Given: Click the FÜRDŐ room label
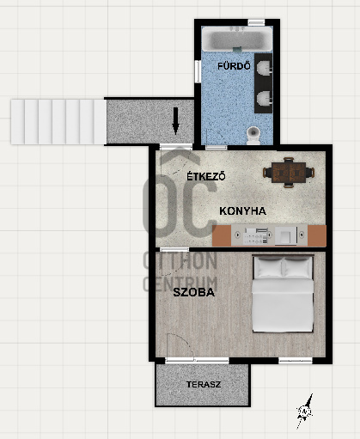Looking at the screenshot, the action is coord(234,66).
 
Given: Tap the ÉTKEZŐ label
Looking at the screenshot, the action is coord(206,176).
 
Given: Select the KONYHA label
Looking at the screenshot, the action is coord(242,211).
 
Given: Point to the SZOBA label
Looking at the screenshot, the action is coord(194,292).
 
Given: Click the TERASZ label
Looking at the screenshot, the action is coord(204,384).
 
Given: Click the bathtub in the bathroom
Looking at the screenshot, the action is coord(237,39).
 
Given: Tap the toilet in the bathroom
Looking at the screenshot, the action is coord(253,135).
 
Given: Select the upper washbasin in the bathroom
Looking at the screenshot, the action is coord(265,68).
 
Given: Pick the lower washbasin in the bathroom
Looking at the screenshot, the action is coord(265,98).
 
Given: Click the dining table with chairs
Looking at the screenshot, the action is coord(289,173).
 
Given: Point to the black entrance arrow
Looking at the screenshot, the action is coord(175,121).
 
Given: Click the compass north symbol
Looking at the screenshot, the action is coord(305,412).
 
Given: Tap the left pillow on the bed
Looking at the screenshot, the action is coord(268,267).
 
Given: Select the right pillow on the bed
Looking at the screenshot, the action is coord(297,267).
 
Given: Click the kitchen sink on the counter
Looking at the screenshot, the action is coord(286,235).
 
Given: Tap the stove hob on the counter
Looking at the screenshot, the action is coord(255,236).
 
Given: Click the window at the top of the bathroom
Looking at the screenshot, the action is coord(256,22).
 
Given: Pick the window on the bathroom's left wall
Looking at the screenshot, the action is coord(198,71).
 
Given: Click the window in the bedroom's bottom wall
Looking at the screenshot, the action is coord(296,361).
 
